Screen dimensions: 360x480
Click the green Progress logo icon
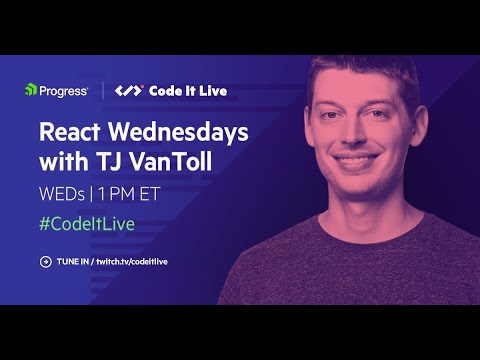(x=31, y=91)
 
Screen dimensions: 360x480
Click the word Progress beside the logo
(x=63, y=91)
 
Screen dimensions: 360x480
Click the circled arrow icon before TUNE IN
(x=45, y=262)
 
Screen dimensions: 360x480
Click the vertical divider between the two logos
(x=104, y=91)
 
